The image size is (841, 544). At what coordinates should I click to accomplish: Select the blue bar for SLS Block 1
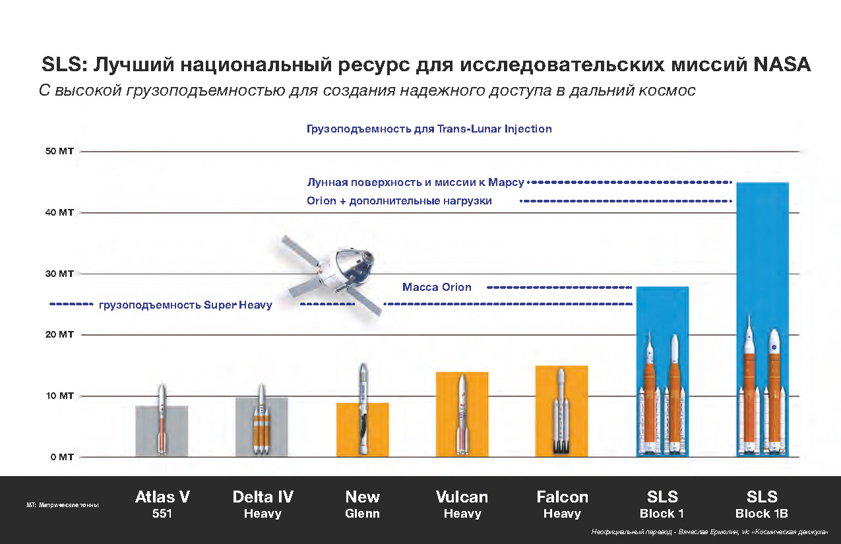tap(662, 310)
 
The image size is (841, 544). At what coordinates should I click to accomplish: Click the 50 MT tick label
tap(59, 152)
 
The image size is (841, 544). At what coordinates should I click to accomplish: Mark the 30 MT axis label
tap(59, 274)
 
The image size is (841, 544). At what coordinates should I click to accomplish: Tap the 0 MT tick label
tap(61, 457)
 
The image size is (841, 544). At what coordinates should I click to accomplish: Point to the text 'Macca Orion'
tap(437, 287)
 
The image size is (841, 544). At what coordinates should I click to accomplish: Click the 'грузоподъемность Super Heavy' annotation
tap(185, 305)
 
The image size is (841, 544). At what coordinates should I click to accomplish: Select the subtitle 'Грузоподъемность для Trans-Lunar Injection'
tap(429, 129)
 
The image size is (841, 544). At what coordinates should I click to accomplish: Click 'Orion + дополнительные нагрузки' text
tap(399, 201)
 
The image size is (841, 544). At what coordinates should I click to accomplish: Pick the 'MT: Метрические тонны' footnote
tap(63, 505)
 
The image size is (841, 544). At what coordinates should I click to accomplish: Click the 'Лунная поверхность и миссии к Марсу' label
tap(416, 182)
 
